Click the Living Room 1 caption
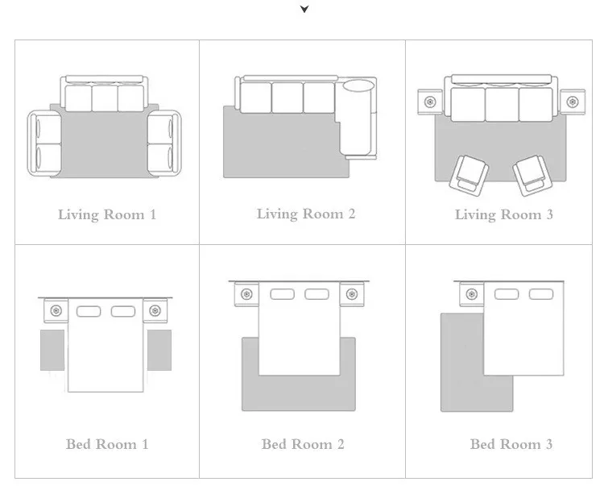tap(107, 214)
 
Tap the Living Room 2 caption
tap(306, 214)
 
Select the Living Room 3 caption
tap(504, 214)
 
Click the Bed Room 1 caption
tap(107, 444)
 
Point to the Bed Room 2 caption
tap(303, 444)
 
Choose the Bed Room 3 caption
tap(511, 444)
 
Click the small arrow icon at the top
tap(304, 9)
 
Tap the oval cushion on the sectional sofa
tap(358, 86)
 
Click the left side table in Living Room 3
tap(430, 102)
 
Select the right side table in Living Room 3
tap(573, 102)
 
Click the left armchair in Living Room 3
tap(470, 176)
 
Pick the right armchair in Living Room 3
tap(532, 176)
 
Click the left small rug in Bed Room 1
tap(52, 350)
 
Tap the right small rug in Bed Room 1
tap(159, 350)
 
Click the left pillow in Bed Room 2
tap(283, 294)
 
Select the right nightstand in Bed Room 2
tap(352, 294)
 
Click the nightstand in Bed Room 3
tap(471, 294)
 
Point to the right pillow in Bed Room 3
tap(541, 294)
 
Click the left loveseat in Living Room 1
tap(44, 143)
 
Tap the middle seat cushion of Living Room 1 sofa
tap(105, 98)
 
